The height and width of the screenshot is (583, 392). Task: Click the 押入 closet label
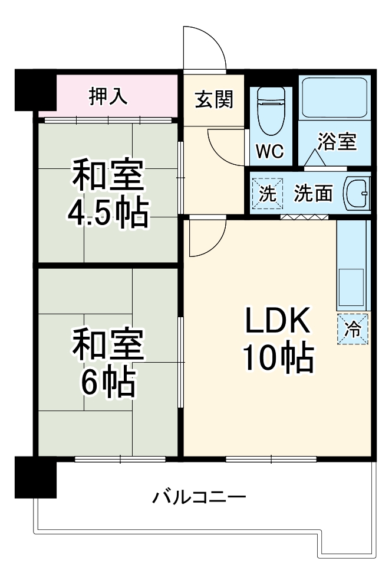click(x=108, y=96)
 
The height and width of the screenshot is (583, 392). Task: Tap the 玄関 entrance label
click(x=214, y=99)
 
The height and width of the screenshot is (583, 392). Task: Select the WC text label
click(x=270, y=151)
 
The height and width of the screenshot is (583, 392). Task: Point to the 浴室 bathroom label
click(x=337, y=142)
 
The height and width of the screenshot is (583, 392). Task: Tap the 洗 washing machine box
click(x=267, y=194)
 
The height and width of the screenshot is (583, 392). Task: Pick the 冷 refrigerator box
click(x=353, y=328)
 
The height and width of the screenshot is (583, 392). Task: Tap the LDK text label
click(x=277, y=322)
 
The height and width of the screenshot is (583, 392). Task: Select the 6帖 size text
click(x=108, y=383)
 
